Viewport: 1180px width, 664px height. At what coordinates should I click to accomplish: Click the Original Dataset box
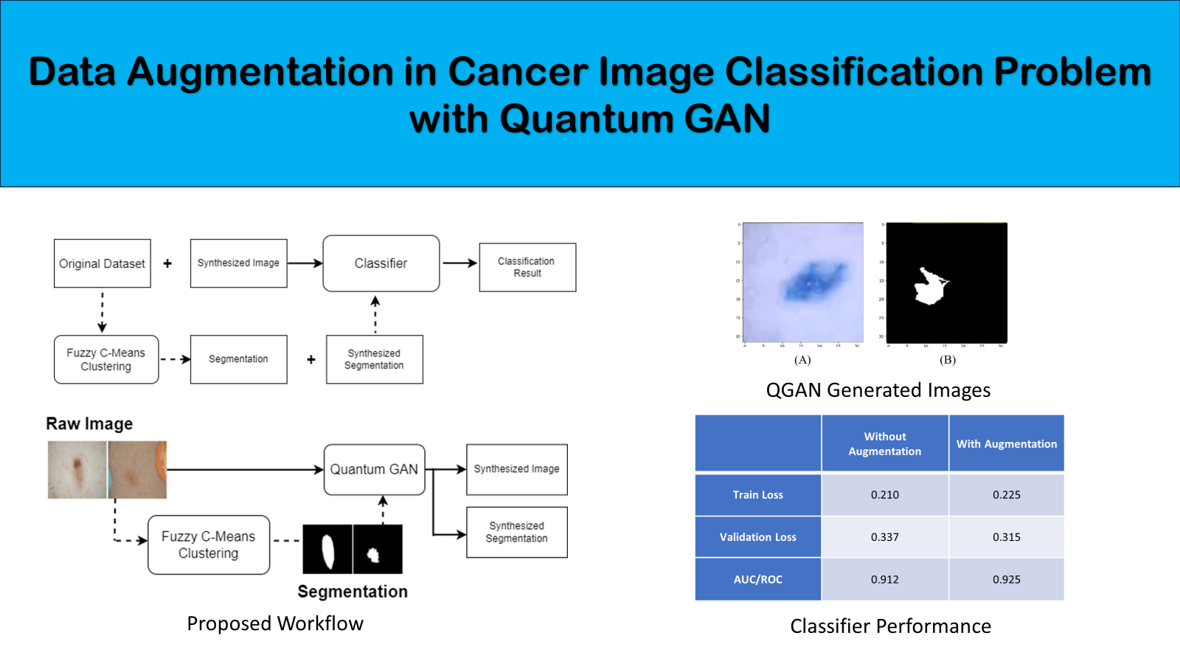[103, 263]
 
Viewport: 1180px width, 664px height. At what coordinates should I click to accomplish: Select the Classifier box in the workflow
[381, 263]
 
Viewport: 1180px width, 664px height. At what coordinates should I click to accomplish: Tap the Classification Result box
[527, 267]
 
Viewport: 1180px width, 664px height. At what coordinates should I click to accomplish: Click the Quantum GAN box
[374, 469]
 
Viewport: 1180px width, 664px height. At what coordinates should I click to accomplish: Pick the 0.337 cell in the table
[884, 537]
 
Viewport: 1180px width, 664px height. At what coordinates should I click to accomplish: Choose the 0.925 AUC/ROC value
[1006, 579]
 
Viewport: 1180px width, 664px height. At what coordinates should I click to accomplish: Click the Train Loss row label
[757, 495]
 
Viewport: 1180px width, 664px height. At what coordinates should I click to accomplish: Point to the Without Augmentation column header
[884, 443]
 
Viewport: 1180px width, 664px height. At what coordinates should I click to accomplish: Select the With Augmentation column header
[1006, 443]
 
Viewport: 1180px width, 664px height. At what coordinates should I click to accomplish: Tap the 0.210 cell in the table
[884, 495]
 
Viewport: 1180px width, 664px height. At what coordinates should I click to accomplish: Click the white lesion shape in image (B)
[931, 286]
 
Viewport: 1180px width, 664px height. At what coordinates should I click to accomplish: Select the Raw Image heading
[89, 423]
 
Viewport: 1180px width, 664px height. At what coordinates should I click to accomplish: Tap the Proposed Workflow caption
[275, 623]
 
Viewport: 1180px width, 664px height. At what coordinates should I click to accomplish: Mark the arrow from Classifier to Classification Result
[459, 263]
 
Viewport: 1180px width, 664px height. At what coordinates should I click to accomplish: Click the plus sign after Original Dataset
[167, 263]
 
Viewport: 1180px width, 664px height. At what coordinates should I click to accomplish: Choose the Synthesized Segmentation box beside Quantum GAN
[516, 532]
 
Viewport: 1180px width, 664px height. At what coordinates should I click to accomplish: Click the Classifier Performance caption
[890, 626]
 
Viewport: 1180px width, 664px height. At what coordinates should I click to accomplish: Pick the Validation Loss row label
[757, 537]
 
